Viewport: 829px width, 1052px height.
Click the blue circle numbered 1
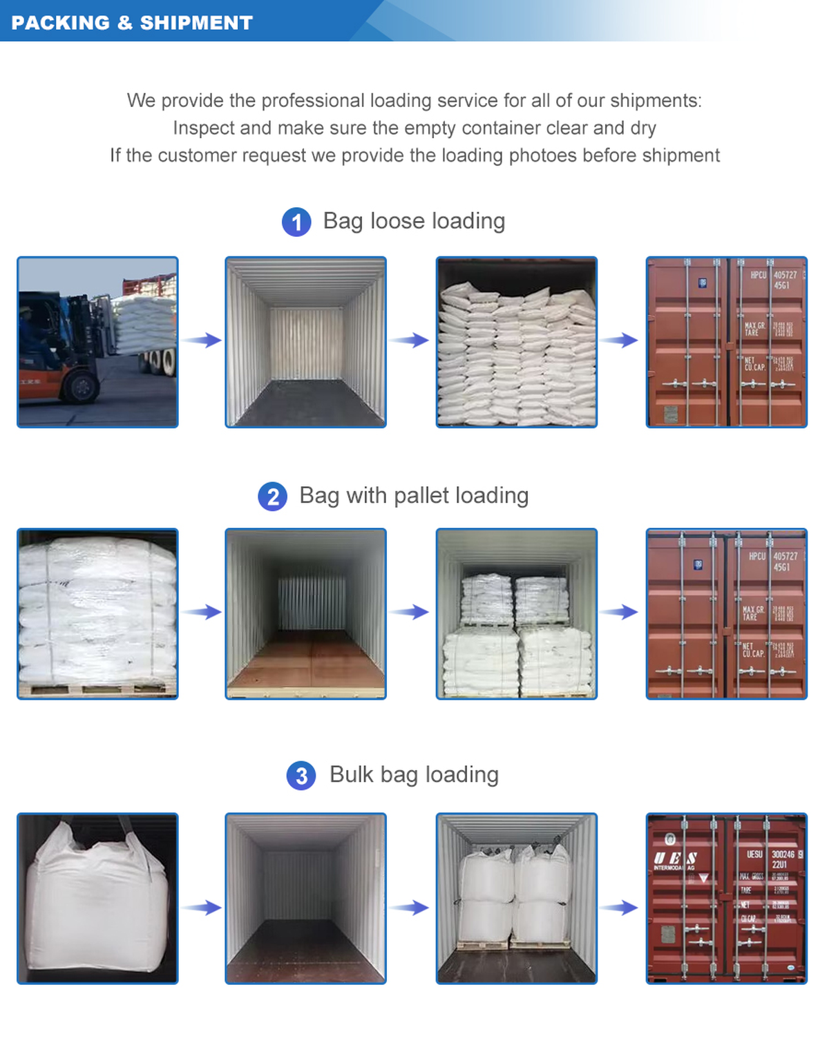pyautogui.click(x=296, y=222)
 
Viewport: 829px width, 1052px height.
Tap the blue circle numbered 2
pyautogui.click(x=273, y=497)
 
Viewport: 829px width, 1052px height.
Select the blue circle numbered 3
pyautogui.click(x=301, y=776)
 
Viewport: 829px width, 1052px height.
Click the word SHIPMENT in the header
pyautogui.click(x=196, y=23)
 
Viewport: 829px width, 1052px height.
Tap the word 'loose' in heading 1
pyautogui.click(x=397, y=221)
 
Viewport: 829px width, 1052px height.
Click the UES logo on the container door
pyautogui.click(x=676, y=859)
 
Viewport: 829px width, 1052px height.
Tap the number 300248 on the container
pyautogui.click(x=783, y=854)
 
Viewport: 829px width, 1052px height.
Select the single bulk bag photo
pyautogui.click(x=97, y=898)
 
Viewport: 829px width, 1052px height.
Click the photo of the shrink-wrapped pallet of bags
pyautogui.click(x=97, y=614)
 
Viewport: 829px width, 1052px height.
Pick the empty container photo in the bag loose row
pyautogui.click(x=305, y=342)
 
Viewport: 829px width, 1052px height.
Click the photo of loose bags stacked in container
pyautogui.click(x=516, y=342)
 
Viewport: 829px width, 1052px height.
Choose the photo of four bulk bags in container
pyautogui.click(x=516, y=898)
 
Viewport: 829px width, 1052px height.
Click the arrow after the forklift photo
pyautogui.click(x=203, y=340)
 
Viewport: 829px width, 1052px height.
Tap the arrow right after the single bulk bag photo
pyautogui.click(x=203, y=908)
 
